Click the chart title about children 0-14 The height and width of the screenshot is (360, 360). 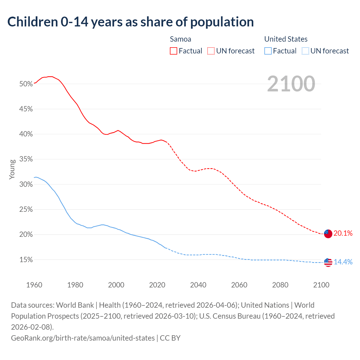pos(130,22)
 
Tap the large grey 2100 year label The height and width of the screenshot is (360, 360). pos(291,84)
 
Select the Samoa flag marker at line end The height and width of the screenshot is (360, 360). pos(328,233)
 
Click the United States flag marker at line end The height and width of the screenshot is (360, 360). pos(328,262)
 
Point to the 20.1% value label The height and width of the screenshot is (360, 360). pos(343,233)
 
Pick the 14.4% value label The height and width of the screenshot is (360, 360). pos(343,262)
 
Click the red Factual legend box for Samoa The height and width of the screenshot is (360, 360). pos(174,51)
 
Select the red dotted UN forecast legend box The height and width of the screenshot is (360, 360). pos(211,51)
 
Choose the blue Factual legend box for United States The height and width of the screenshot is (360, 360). pos(268,51)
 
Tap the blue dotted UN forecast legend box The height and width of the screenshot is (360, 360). pos(305,51)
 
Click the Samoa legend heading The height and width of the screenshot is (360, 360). pos(181,39)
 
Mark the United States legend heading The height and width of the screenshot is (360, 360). pos(286,39)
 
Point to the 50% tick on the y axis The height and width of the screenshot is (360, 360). pos(26,84)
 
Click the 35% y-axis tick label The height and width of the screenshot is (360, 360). pos(26,159)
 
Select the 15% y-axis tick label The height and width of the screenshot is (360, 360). pos(26,260)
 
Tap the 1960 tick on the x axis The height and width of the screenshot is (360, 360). pos(34,285)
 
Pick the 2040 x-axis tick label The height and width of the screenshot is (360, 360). pos(198,285)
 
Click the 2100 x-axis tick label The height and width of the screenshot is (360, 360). pos(321,285)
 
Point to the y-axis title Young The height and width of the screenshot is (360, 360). pos(12,169)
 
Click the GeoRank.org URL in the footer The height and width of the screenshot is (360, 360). pos(83,338)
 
